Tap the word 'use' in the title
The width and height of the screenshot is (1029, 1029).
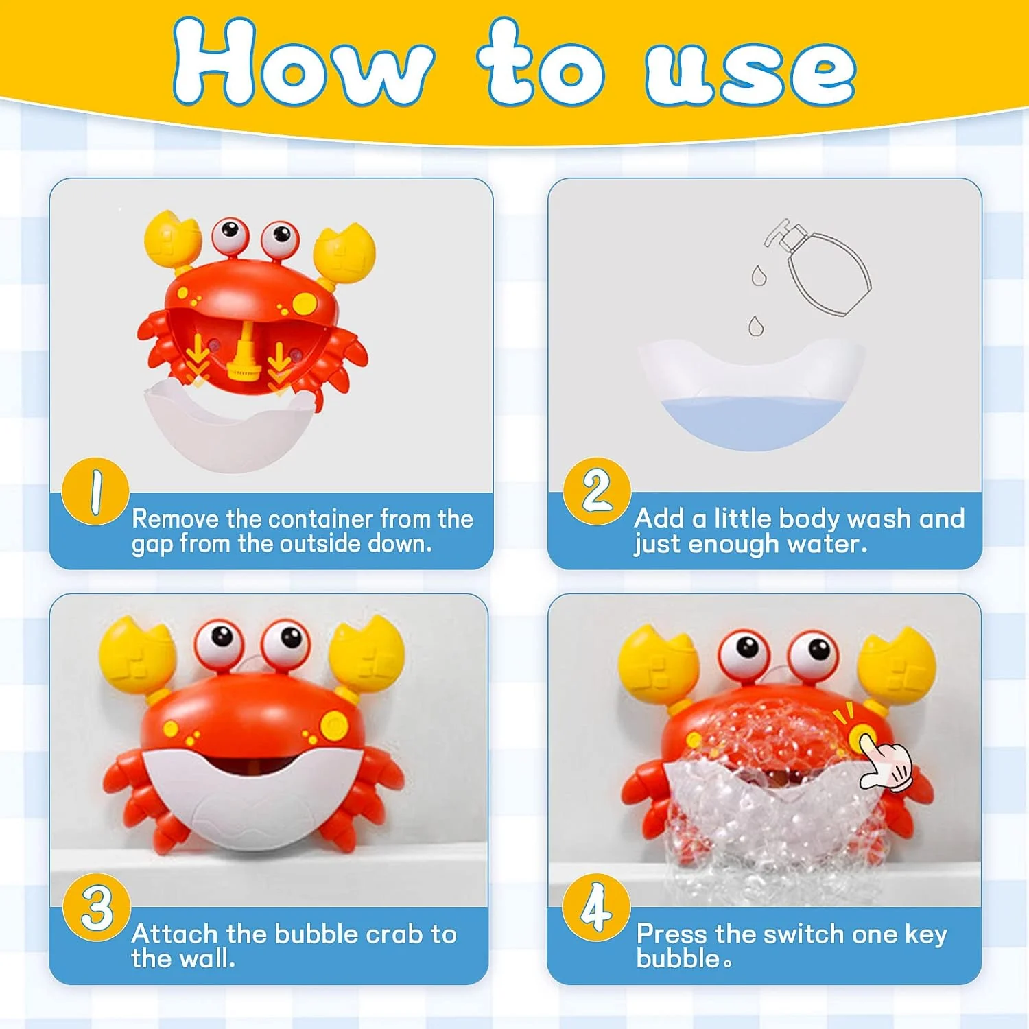751,72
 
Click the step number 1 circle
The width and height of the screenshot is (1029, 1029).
95,491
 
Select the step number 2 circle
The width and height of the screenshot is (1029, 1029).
596,491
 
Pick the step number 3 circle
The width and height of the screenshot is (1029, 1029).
97,907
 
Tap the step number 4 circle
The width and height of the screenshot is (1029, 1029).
595,907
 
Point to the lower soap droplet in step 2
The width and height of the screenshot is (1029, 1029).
755,325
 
